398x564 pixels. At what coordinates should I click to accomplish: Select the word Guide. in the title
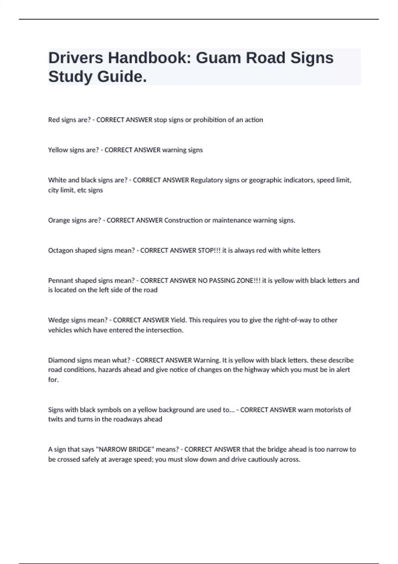[x=122, y=77]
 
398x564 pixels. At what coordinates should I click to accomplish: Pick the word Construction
[x=183, y=220]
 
